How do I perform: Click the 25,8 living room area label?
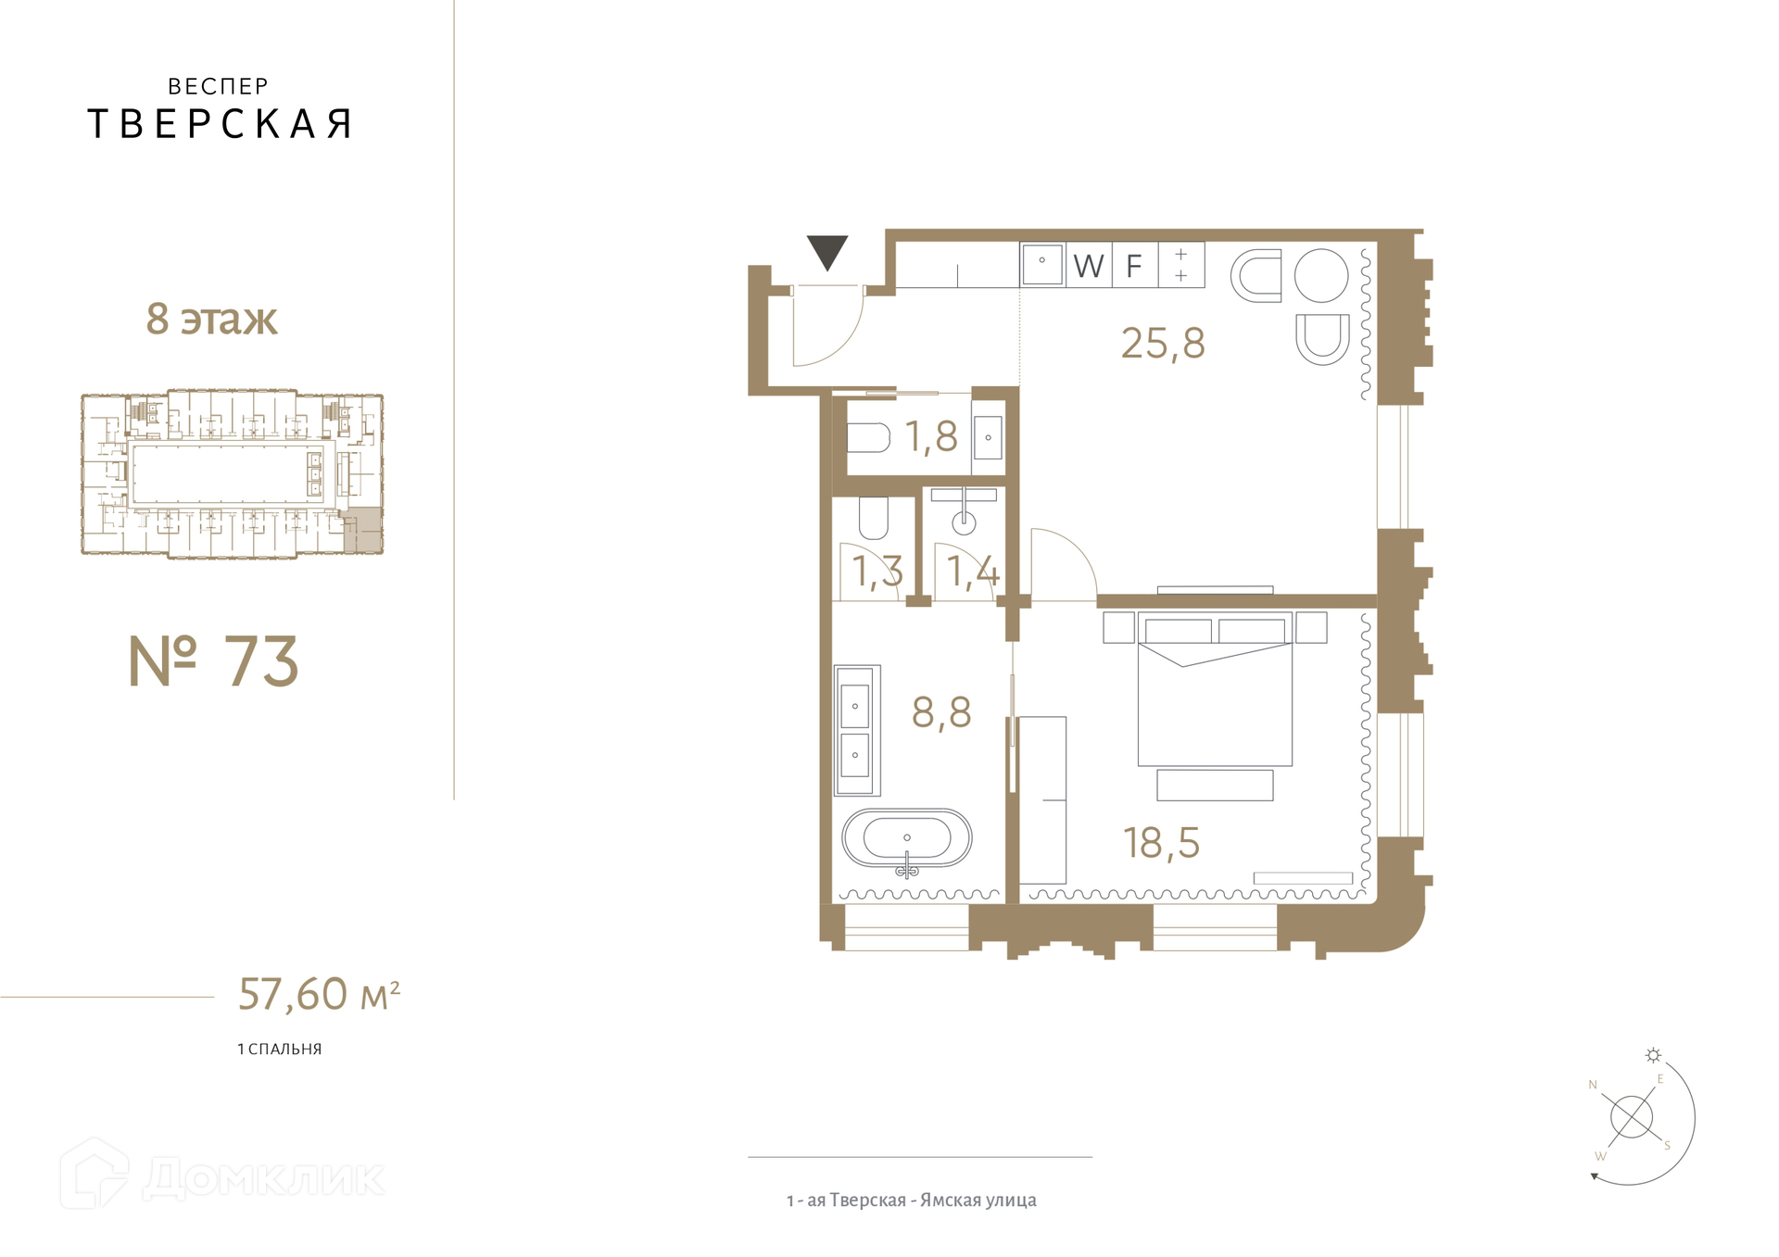pyautogui.click(x=1163, y=344)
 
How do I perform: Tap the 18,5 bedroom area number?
pyautogui.click(x=1161, y=843)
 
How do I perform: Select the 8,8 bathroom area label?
pyautogui.click(x=941, y=712)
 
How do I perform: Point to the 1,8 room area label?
pyautogui.click(x=931, y=436)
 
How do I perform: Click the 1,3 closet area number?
pyautogui.click(x=877, y=572)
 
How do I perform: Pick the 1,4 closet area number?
pyautogui.click(x=973, y=572)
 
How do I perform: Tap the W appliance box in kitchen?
pyautogui.click(x=1089, y=266)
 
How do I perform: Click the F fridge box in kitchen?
pyautogui.click(x=1134, y=266)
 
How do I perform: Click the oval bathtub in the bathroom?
pyautogui.click(x=906, y=839)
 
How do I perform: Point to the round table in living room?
pyautogui.click(x=1320, y=276)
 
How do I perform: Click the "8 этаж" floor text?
pyautogui.click(x=211, y=319)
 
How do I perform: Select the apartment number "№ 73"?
pyautogui.click(x=213, y=661)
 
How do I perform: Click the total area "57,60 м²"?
pyautogui.click(x=319, y=994)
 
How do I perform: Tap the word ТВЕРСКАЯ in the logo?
pyautogui.click(x=220, y=124)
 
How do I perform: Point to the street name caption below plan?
pyautogui.click(x=911, y=1200)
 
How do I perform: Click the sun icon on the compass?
pyautogui.click(x=1653, y=1055)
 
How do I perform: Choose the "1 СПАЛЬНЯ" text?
pyautogui.click(x=279, y=1050)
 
